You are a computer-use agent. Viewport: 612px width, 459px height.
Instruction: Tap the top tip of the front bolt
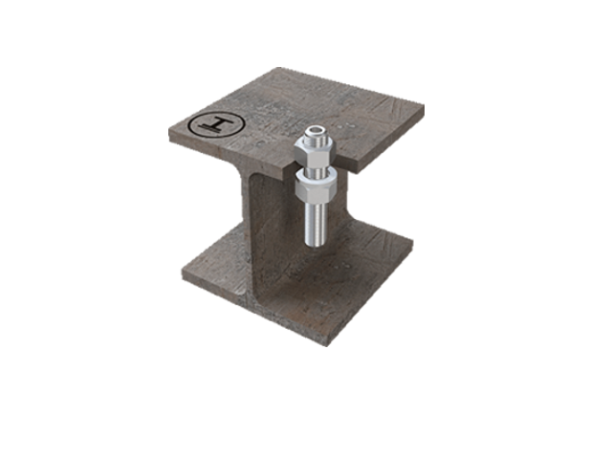(315, 129)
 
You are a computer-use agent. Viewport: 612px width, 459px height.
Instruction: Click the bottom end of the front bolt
(315, 242)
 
